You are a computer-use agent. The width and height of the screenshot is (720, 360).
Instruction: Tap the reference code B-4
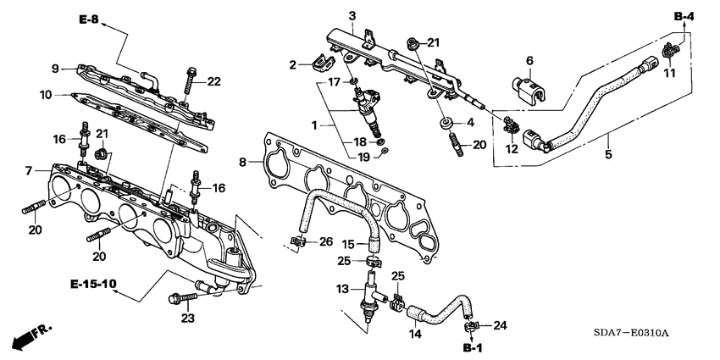pos(684,16)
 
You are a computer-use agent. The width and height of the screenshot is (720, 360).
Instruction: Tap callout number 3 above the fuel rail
pos(352,16)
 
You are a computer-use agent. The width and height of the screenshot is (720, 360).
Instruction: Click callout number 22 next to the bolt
pos(213,81)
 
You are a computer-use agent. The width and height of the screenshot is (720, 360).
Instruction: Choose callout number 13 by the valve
pos(343,289)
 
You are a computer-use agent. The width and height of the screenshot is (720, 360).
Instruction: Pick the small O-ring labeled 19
pos(384,152)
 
